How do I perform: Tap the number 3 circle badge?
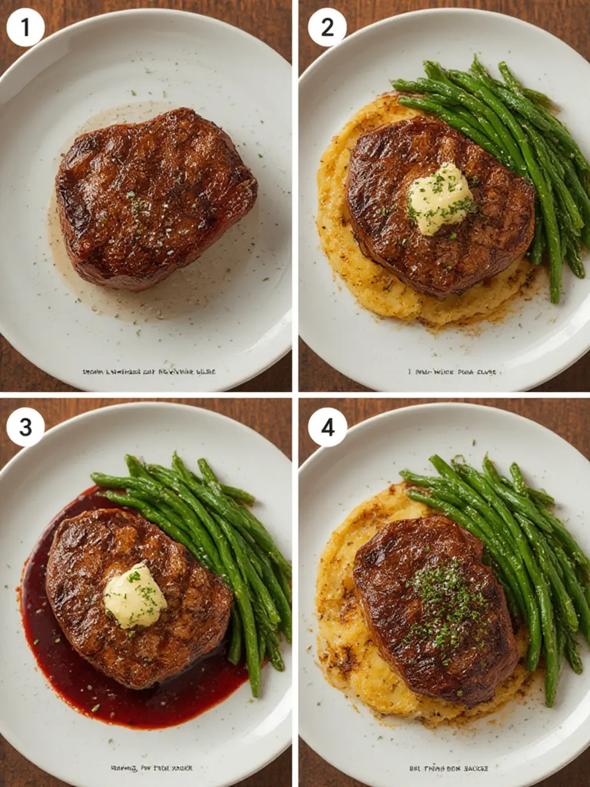coord(26,427)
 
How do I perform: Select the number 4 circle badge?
coord(327,427)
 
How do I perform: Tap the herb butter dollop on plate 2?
coord(440,199)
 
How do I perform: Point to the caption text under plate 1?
coord(149,371)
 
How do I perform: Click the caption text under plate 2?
coord(451,371)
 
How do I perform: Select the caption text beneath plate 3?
coord(151,768)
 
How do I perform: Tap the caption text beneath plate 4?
coord(449,768)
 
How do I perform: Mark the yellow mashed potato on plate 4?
coord(345,657)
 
